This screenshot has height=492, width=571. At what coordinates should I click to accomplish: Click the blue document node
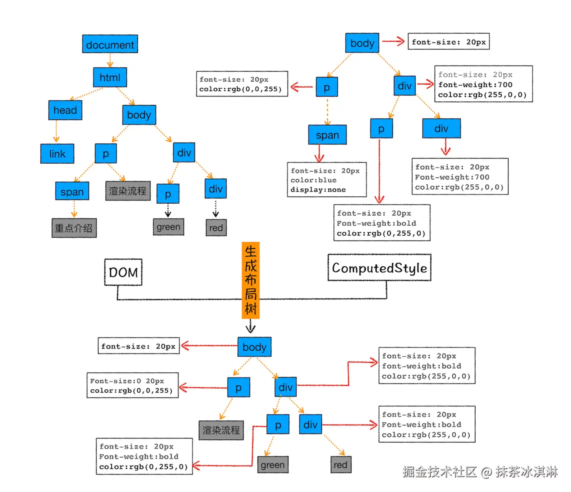(x=110, y=44)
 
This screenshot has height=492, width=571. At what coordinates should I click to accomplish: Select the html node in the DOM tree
(x=110, y=77)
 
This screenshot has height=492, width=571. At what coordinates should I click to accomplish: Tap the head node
(x=65, y=110)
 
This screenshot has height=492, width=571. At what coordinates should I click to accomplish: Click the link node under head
(x=57, y=153)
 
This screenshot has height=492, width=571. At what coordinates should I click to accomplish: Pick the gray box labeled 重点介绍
(x=73, y=228)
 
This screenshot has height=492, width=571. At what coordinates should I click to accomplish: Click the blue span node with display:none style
(x=327, y=135)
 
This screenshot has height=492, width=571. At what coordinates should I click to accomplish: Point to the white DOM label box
(x=123, y=272)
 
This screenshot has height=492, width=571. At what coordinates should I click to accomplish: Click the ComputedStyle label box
(x=379, y=268)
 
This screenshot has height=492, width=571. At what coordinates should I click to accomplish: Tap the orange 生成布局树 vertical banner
(x=250, y=280)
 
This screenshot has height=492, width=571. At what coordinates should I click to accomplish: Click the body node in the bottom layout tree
(x=254, y=346)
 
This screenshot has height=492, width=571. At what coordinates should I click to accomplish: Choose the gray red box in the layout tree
(x=340, y=465)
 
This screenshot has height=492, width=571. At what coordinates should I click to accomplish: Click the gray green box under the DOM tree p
(x=168, y=227)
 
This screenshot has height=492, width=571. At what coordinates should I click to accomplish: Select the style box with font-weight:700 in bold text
(x=483, y=84)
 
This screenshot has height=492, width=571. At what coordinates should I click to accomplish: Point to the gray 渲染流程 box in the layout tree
(x=221, y=430)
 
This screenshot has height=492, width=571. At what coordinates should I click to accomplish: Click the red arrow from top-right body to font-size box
(x=393, y=42)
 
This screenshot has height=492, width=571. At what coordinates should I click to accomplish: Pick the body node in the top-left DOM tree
(x=138, y=115)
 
